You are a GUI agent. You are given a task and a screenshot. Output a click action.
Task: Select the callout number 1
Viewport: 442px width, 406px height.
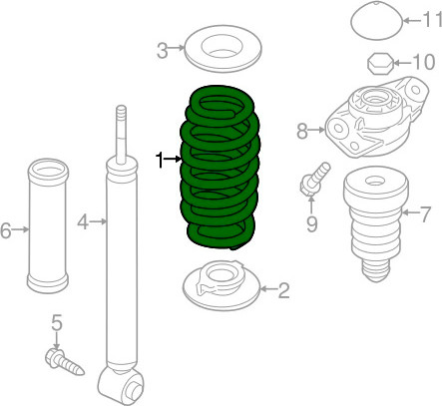tap(160, 160)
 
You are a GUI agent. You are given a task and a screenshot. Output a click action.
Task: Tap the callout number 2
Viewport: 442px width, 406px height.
tap(283, 290)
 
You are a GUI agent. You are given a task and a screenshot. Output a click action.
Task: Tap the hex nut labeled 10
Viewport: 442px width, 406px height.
tap(380, 63)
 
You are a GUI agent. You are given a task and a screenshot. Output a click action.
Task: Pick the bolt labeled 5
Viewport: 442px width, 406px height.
tap(64, 362)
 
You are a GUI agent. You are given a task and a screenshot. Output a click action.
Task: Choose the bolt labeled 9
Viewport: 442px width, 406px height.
tap(314, 179)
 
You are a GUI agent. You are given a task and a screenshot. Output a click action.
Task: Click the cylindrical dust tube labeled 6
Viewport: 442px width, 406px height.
tap(48, 226)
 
